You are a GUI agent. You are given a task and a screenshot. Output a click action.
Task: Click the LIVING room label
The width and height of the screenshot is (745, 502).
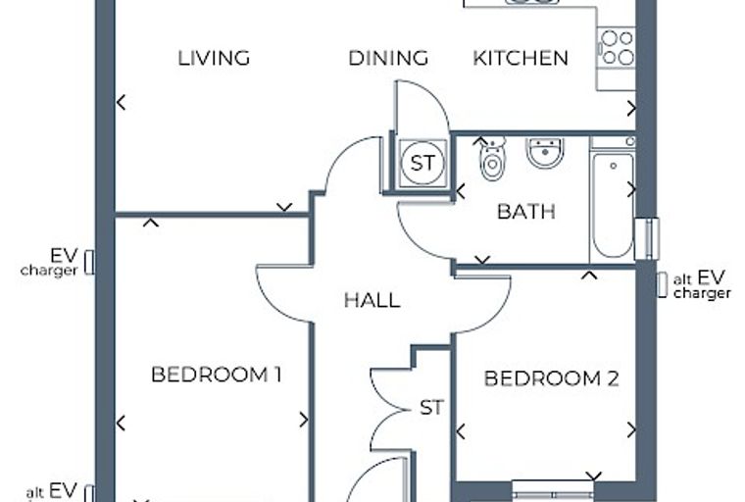pyautogui.click(x=214, y=58)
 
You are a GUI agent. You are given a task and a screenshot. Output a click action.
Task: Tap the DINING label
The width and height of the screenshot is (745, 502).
pyautogui.click(x=388, y=58)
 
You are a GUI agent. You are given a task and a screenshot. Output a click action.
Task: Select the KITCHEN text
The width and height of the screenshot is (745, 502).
pyautogui.click(x=521, y=58)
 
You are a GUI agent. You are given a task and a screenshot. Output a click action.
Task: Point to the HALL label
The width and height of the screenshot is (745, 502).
pyautogui.click(x=372, y=300)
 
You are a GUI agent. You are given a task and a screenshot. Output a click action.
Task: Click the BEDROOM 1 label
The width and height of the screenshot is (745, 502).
pyautogui.click(x=217, y=375)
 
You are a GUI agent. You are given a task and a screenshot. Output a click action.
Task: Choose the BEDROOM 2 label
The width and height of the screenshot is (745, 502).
pyautogui.click(x=552, y=378)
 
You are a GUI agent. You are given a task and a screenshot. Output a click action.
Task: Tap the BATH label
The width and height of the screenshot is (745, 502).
pyautogui.click(x=526, y=212)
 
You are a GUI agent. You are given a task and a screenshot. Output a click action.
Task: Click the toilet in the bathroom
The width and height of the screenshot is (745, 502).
pyautogui.click(x=493, y=159)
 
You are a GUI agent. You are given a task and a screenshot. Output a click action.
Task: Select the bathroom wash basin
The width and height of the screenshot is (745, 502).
pyautogui.click(x=545, y=152)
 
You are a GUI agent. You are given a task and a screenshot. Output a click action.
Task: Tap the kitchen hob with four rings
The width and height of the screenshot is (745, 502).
pyautogui.click(x=617, y=47)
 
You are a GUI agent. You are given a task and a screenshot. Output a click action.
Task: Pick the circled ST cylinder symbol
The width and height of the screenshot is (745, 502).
pyautogui.click(x=422, y=163)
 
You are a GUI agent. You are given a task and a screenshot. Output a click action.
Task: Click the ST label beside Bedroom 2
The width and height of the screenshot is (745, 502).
pyautogui.click(x=432, y=408)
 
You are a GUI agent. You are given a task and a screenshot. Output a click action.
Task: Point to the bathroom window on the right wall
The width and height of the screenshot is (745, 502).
pyautogui.click(x=647, y=239)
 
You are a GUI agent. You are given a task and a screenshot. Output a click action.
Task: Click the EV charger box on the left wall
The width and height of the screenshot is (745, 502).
pyautogui.click(x=89, y=263)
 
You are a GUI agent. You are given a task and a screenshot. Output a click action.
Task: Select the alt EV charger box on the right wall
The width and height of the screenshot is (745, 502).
pyautogui.click(x=663, y=285)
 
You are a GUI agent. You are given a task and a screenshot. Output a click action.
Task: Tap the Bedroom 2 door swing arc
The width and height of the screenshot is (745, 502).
pyautogui.click(x=493, y=312)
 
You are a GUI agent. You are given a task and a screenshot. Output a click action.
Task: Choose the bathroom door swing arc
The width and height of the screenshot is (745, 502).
pyautogui.click(x=414, y=240)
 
